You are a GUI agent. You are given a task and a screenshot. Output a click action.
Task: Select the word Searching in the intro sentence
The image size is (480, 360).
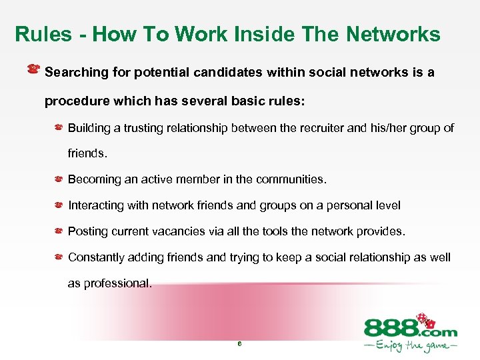coord(75,72)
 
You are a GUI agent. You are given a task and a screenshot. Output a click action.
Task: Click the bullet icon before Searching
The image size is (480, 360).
coord(33,69)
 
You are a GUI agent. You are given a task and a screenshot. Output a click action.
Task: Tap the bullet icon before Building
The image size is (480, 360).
coord(59,127)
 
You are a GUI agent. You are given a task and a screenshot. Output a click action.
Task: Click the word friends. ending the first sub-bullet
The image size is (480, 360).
coord(87,153)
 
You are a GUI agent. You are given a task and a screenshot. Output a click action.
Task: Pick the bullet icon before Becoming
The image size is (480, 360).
coord(59,179)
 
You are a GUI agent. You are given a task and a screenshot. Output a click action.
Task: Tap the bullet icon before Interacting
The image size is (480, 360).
coord(59,205)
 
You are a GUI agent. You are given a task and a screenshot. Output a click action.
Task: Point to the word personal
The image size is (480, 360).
coord(335,205)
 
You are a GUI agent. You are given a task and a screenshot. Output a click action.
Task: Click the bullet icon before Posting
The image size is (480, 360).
coord(59,231)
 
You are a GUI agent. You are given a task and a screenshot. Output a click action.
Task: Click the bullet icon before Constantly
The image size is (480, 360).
coord(59,257)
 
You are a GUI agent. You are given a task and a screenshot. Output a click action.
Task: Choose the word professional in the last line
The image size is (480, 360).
coord(116,283)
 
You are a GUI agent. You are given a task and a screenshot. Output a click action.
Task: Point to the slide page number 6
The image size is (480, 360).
coord(239,344)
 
